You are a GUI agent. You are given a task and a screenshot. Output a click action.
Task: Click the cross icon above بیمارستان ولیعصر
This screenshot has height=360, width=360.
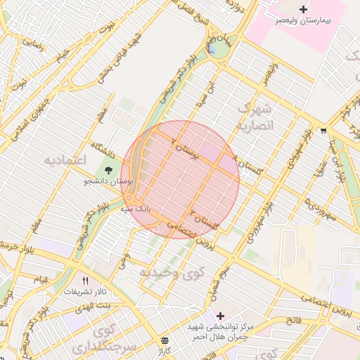[303, 9]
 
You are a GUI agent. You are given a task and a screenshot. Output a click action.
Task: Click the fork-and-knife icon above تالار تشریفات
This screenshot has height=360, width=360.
[85, 279]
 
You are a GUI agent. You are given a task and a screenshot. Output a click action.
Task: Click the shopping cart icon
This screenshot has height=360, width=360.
[323, 130]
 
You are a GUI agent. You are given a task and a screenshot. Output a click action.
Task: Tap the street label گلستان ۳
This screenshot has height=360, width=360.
[205, 219]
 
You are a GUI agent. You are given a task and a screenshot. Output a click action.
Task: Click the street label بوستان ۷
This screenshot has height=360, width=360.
[185, 146]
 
